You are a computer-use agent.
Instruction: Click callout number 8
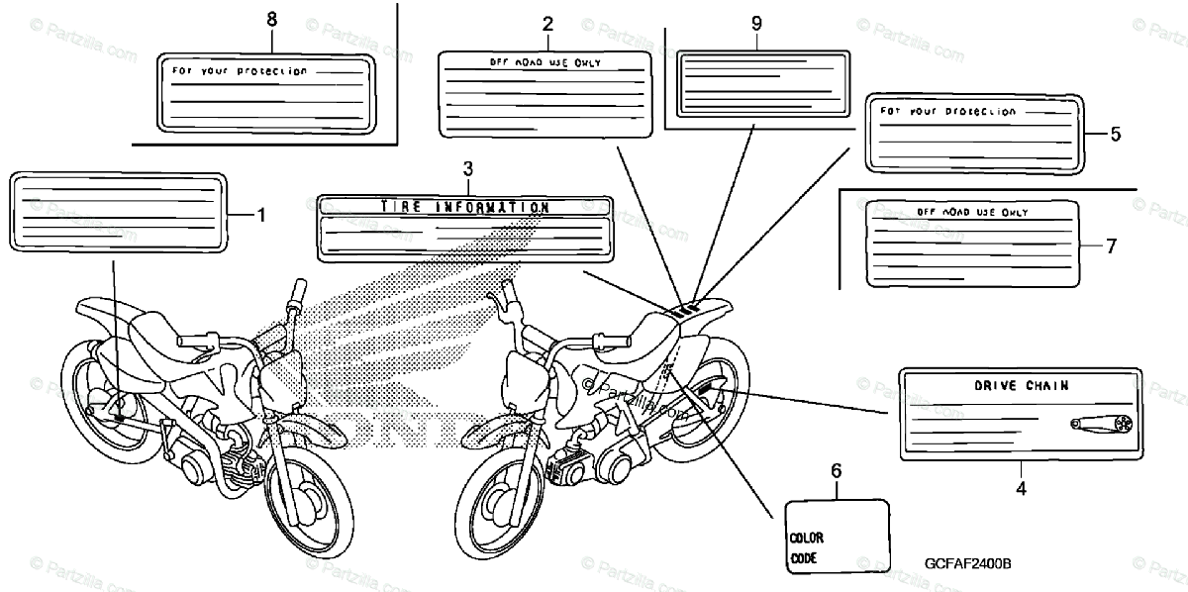pos(272,20)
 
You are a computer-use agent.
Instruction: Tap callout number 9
pos(756,22)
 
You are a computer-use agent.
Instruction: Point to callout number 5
pos(1115,134)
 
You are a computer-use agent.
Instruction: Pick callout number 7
pos(1111,247)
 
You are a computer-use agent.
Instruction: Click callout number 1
pos(261,214)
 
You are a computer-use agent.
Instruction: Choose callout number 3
pos(468,169)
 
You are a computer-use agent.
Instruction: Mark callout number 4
pos(1021,487)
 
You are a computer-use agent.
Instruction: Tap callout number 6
pos(837,471)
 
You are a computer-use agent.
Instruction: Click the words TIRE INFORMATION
pos(464,208)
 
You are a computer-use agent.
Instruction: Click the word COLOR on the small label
pos(808,539)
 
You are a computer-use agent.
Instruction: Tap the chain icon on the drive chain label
pos(1100,424)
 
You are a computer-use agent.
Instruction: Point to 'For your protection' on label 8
pos(240,71)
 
